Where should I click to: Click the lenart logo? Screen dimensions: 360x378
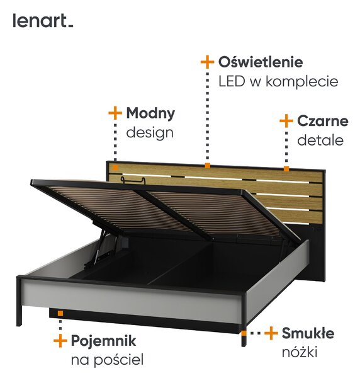(43, 21)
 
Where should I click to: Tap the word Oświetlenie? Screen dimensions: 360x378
(261, 62)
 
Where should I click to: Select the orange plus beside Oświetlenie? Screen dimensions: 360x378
(207, 62)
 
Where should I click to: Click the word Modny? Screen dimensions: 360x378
(150, 113)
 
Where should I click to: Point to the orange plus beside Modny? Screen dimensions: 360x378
(115, 113)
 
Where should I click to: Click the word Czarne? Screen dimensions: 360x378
(323, 121)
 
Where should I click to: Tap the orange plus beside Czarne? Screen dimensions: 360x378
(286, 121)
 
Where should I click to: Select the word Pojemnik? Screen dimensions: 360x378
(104, 341)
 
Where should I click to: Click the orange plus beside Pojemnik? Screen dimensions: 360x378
(60, 341)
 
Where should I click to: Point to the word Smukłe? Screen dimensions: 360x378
(308, 333)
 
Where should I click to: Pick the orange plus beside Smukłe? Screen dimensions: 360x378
(271, 333)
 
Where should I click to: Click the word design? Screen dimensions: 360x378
(150, 132)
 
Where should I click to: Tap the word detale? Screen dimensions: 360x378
(320, 140)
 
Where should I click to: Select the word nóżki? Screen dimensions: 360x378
(300, 352)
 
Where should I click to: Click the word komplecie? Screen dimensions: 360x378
(302, 82)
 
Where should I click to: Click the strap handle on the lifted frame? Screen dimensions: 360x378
(133, 180)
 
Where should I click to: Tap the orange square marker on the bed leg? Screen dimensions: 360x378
(244, 333)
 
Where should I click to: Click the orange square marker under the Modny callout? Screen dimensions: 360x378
(116, 168)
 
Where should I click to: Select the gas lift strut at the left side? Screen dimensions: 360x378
(99, 246)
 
